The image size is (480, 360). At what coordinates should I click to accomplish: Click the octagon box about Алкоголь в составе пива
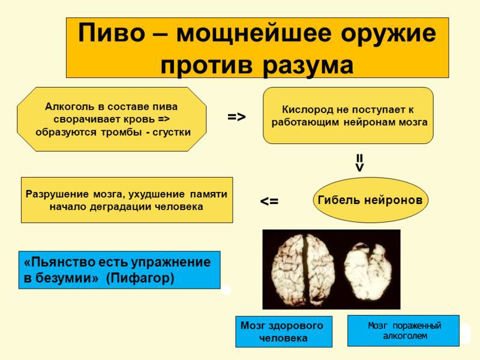(112, 119)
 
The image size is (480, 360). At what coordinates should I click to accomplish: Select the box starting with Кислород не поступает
(348, 116)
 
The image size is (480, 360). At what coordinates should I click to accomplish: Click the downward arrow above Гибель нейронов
(359, 162)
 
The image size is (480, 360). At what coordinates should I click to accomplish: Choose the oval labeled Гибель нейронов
(370, 200)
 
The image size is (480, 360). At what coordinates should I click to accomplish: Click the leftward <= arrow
(269, 202)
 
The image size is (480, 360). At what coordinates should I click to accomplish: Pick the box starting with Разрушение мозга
(127, 200)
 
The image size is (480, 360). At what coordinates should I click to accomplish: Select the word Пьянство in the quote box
(56, 263)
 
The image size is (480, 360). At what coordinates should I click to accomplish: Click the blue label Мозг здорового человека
(283, 331)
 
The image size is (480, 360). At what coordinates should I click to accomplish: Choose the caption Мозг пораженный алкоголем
(403, 331)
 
